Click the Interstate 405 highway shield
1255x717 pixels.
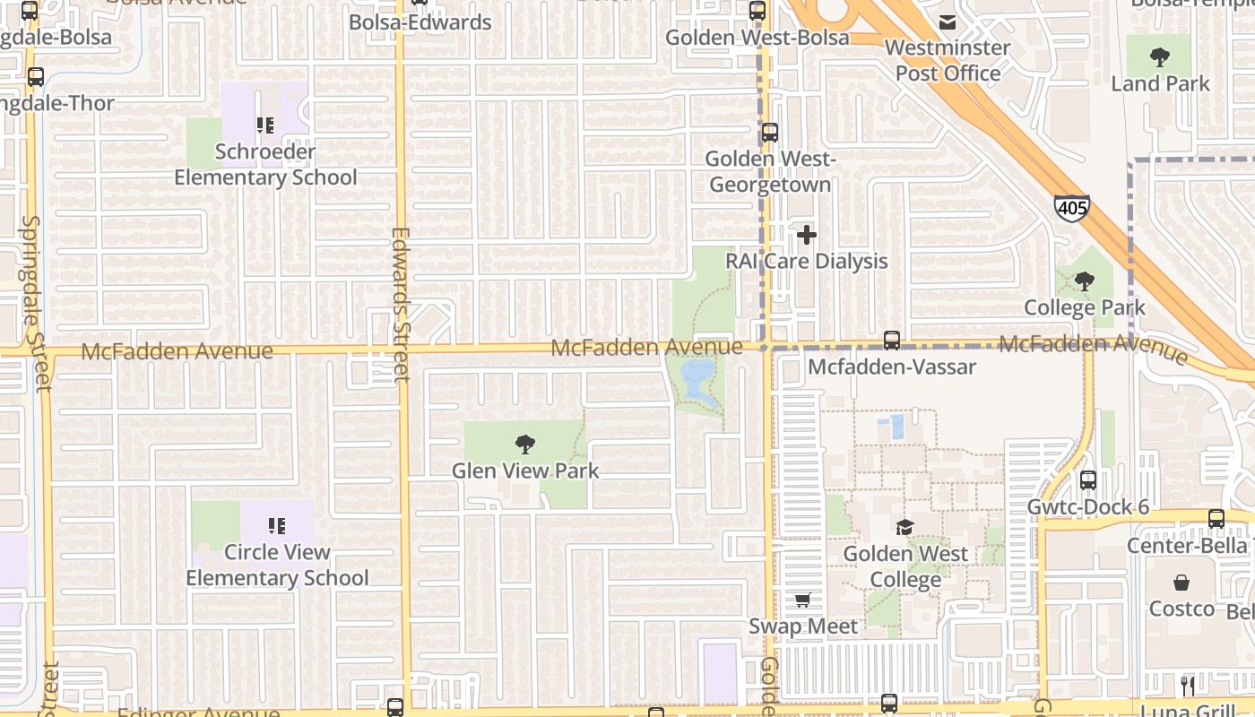coord(1071,208)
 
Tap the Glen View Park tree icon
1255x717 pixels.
coord(524,444)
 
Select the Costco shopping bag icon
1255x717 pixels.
coord(1181,583)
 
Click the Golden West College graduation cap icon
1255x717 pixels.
coord(904,527)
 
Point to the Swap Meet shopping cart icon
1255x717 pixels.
coord(802,600)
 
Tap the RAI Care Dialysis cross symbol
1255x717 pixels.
coord(807,235)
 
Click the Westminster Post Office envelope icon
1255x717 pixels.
coord(948,22)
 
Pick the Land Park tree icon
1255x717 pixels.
coord(1160,58)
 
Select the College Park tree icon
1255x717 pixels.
coord(1085,281)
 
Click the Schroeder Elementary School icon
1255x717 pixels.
coord(264,125)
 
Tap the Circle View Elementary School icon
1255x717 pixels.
coord(276,526)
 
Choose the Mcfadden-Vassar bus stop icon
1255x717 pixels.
coord(891,341)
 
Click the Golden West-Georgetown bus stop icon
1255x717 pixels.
coord(769,134)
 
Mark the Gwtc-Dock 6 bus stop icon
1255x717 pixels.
coord(1088,480)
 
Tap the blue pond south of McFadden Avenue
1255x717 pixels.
coord(697,380)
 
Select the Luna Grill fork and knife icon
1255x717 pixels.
coord(1188,687)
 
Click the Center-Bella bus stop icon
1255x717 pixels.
coord(1216,519)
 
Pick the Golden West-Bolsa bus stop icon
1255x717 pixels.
coord(757,12)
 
